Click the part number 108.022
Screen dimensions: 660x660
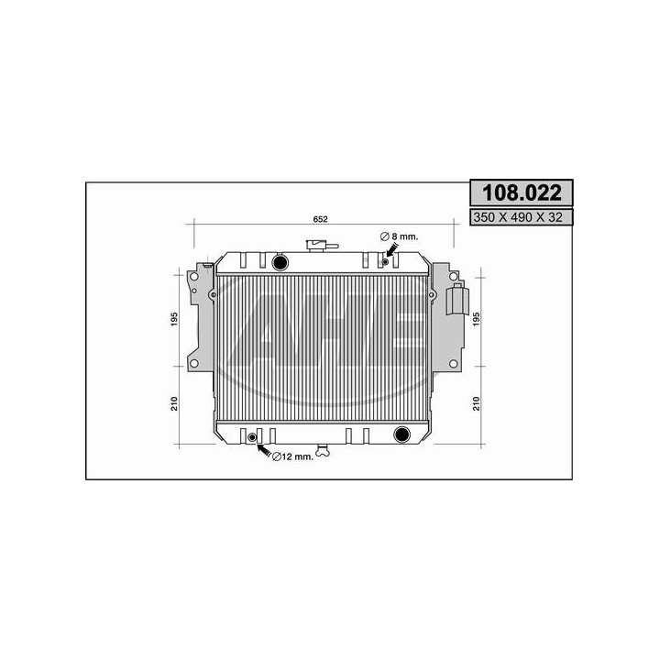point(521,193)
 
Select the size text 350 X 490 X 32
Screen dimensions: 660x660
point(521,217)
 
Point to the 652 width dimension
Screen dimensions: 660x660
point(321,218)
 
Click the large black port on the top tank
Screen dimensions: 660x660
point(280,264)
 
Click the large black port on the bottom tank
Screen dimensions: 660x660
point(401,434)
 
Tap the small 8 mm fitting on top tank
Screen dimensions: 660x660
point(385,264)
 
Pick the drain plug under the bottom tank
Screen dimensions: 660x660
point(321,450)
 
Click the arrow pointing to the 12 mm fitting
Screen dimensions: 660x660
point(266,451)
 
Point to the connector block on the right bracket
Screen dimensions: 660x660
point(458,300)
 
